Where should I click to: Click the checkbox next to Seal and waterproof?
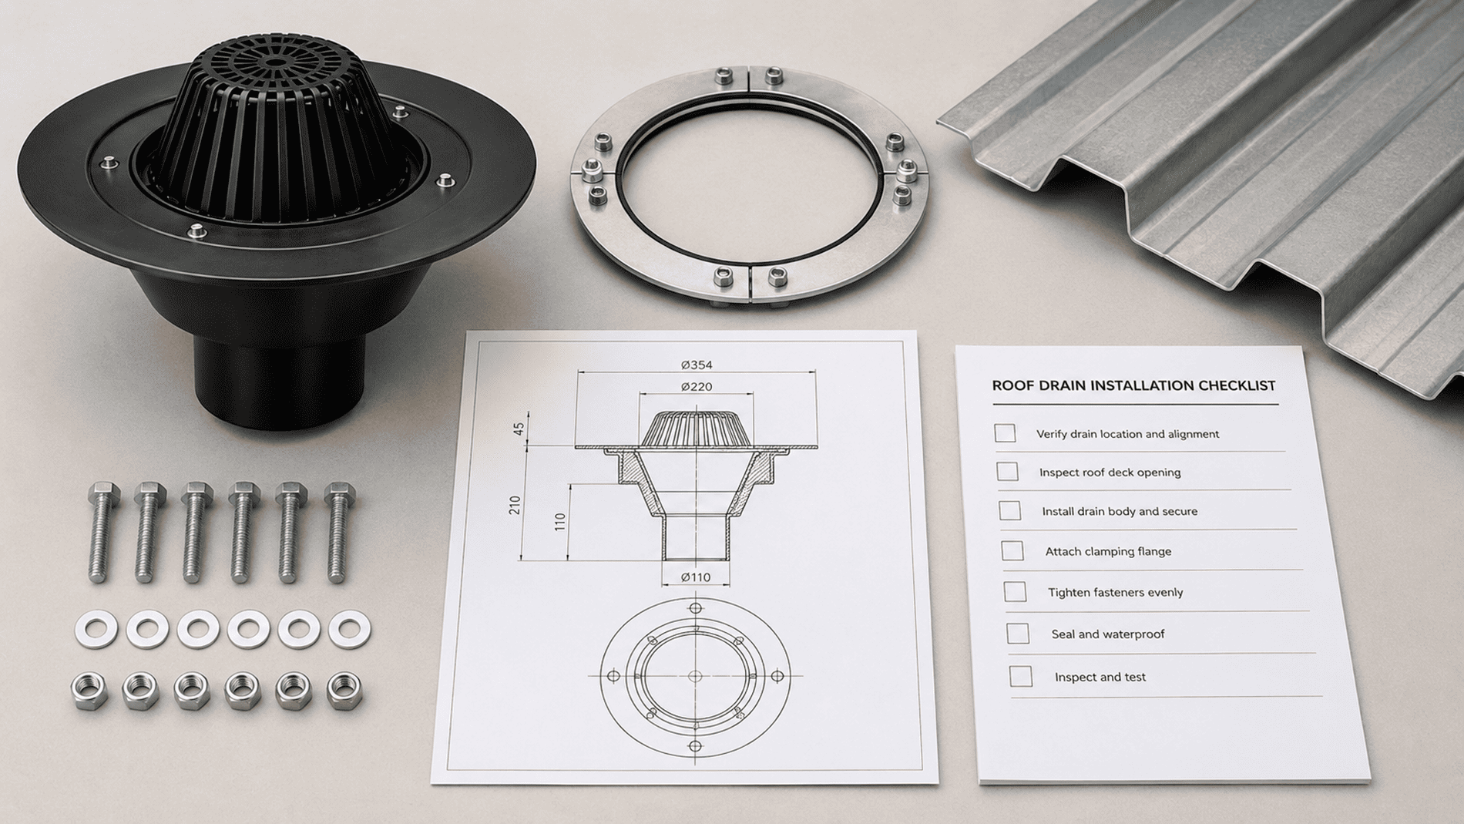coord(1018,634)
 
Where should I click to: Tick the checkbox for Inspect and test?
coord(1021,677)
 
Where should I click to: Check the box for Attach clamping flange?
coord(1012,550)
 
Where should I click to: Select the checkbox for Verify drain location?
coord(1005,433)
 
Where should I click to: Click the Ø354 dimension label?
coord(697,365)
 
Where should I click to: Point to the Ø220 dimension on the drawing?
coord(697,386)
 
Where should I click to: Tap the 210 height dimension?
coord(515,505)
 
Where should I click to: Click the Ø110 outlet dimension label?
coord(696,577)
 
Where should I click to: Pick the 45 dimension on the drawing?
coord(519,428)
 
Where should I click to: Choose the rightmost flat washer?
coord(349,629)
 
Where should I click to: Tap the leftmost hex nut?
coord(89,690)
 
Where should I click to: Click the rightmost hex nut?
coord(344,691)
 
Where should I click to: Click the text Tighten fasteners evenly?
coord(1115,592)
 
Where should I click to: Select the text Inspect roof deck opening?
coord(1110,472)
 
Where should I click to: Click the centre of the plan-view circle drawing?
coord(695,676)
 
